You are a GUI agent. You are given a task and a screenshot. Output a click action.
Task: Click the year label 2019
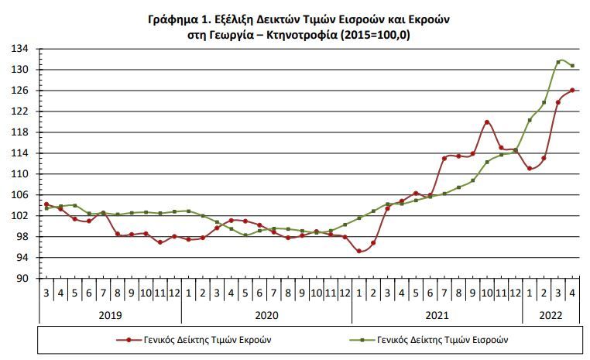click(x=110, y=315)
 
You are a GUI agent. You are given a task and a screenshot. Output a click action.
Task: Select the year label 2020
click(x=266, y=315)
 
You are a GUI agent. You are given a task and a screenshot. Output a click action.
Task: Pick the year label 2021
click(x=437, y=315)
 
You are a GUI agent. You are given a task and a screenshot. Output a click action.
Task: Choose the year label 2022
click(x=551, y=315)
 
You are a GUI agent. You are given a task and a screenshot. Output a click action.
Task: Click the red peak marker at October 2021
click(x=487, y=122)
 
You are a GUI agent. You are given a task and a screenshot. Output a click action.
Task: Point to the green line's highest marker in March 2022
click(x=558, y=62)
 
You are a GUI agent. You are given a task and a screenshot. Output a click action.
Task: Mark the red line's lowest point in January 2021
click(x=359, y=251)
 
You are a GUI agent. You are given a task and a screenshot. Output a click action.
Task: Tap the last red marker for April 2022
click(x=572, y=90)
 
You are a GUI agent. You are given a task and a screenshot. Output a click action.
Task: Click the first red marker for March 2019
click(x=46, y=204)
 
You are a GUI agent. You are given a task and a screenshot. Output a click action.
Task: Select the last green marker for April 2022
click(x=572, y=66)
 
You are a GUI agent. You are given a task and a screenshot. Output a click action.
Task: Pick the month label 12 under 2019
click(x=174, y=293)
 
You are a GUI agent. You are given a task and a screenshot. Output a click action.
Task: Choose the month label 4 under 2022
click(x=572, y=293)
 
